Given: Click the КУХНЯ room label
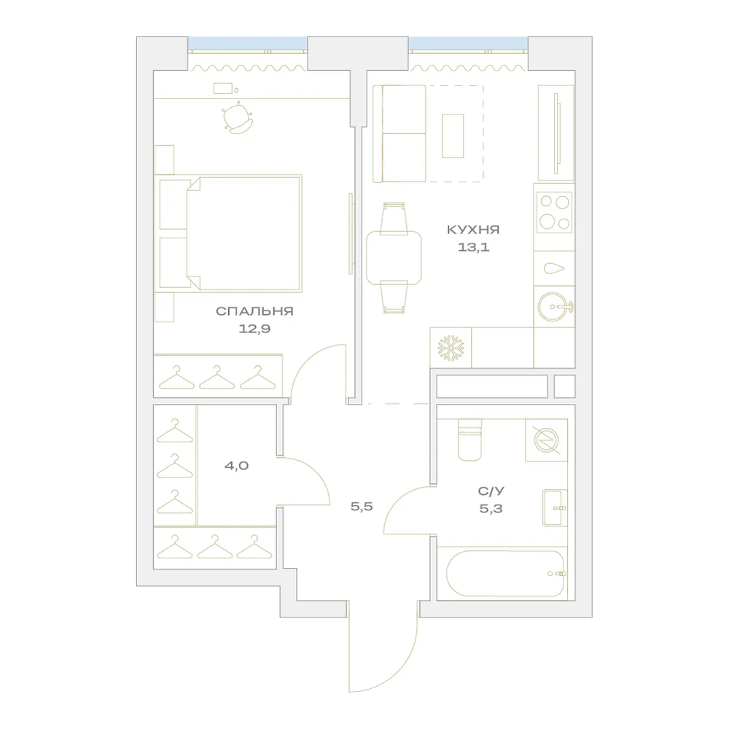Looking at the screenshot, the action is [473, 230].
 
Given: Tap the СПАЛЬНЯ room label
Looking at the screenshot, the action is [254, 311].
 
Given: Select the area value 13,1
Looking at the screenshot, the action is [473, 247].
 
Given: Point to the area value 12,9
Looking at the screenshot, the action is [254, 330].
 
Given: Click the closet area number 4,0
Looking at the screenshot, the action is [236, 465].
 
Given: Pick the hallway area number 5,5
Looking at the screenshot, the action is [362, 507].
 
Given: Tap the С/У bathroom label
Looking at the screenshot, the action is [491, 491].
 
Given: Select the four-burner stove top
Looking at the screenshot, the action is [554, 213].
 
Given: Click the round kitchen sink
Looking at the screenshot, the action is [555, 307].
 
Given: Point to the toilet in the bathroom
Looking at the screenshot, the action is [469, 440].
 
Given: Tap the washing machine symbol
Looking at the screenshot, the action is [546, 440].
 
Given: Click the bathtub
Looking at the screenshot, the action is [505, 574].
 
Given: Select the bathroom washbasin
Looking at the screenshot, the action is [555, 507].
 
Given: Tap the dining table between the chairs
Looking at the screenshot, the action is [394, 257].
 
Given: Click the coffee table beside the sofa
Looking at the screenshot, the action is [453, 136].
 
